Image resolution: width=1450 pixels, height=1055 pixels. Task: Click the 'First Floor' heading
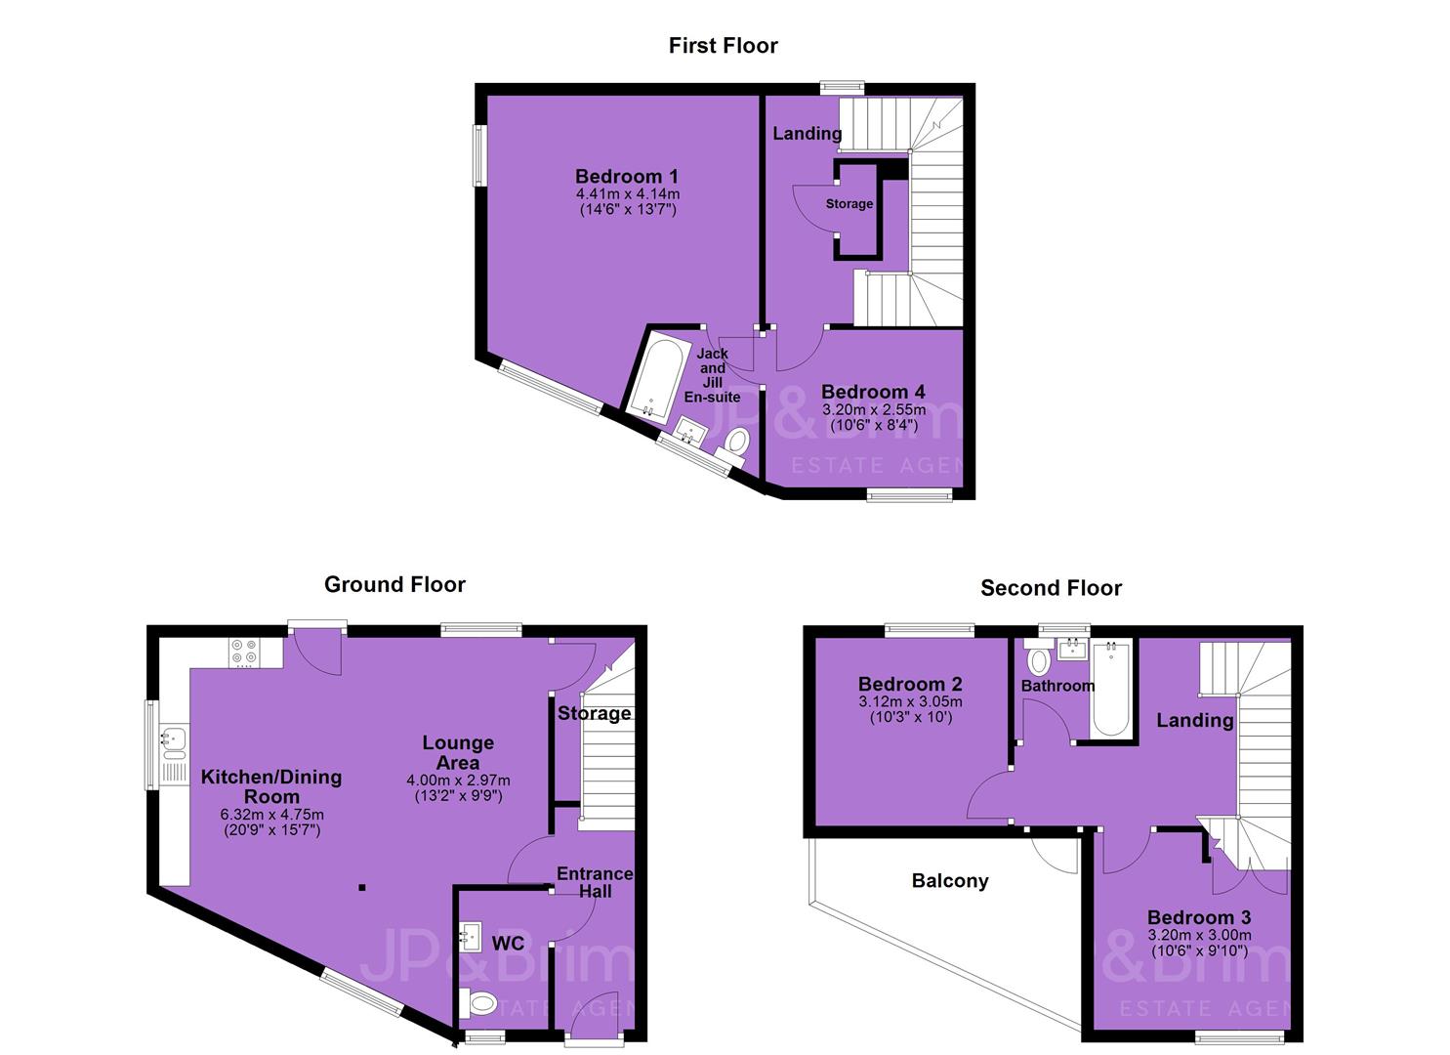724,45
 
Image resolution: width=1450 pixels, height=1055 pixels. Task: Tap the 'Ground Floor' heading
394,585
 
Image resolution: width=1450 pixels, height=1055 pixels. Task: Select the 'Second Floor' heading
1052,588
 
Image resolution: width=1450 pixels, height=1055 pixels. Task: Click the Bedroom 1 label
627,176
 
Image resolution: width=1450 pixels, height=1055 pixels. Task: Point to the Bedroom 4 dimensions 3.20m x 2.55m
874,410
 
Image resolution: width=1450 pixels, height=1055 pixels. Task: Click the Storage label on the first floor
849,204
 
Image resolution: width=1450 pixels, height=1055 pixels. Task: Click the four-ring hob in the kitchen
244,653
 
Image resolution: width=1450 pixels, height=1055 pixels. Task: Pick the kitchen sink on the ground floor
175,742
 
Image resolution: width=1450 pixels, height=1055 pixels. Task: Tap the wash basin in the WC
471,937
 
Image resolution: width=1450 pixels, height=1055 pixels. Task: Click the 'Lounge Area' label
458,752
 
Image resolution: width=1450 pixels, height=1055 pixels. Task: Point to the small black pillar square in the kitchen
362,887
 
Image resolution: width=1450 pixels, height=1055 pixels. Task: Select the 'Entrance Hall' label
595,883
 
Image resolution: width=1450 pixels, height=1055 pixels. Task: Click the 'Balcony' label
950,881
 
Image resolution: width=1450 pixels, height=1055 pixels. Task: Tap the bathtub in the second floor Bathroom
1111,690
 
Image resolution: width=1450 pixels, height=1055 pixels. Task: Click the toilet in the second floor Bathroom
1039,657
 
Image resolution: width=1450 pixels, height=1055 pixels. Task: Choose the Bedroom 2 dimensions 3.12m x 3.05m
911,701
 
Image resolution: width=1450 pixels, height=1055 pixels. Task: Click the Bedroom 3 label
1199,917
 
